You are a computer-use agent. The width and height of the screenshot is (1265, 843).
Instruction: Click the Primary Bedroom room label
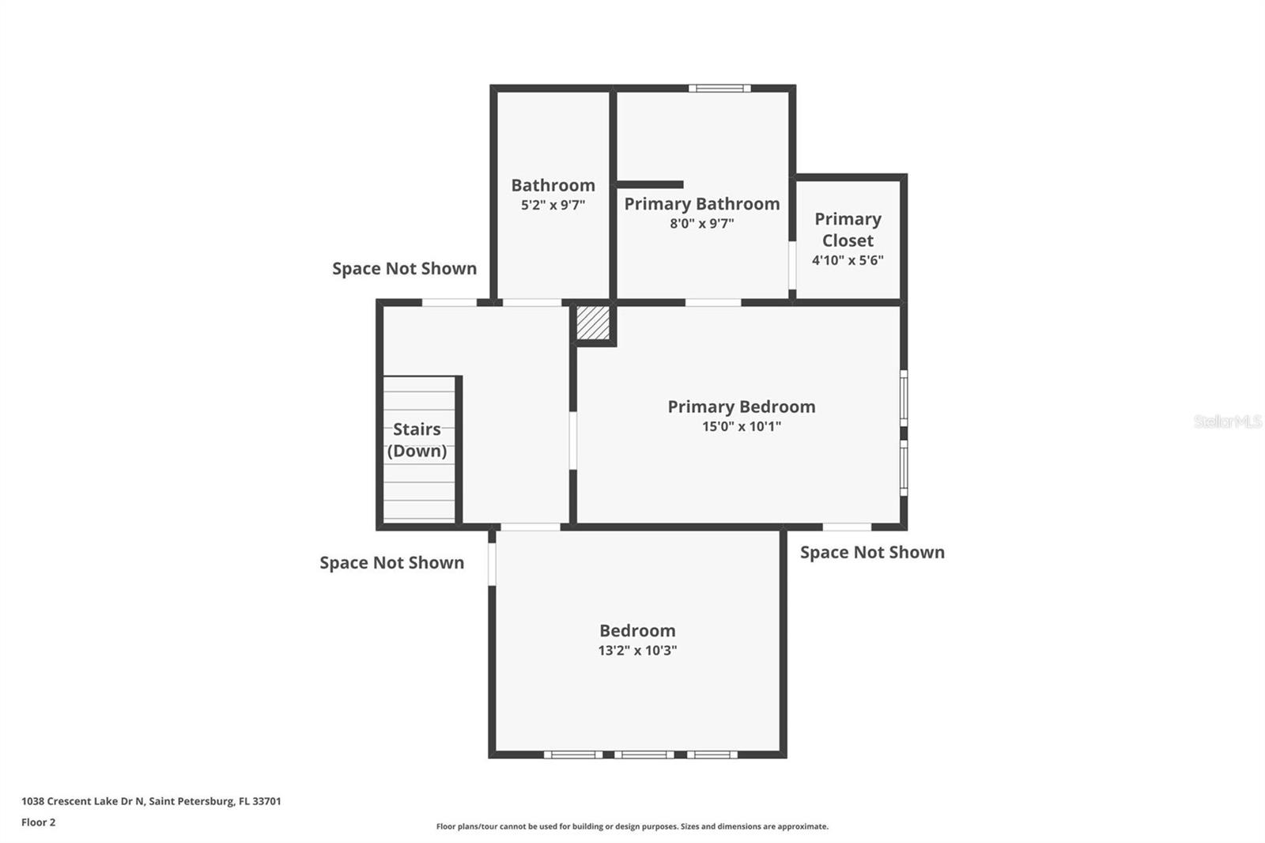pos(742,406)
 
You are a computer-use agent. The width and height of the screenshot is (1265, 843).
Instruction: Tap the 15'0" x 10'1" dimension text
pos(742,426)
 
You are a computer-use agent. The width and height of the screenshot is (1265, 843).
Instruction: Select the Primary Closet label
pos(848,229)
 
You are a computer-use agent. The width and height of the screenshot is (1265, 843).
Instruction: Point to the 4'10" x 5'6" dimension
pos(848,260)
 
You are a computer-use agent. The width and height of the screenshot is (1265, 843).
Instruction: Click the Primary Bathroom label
pos(702,203)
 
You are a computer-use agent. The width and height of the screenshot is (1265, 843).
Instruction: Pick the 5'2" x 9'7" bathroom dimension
pos(553,205)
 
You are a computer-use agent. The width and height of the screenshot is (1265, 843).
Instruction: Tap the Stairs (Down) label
pos(417,440)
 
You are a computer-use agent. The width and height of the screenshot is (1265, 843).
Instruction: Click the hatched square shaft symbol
pos(593,323)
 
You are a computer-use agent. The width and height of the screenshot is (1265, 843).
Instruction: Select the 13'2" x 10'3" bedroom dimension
pos(637,650)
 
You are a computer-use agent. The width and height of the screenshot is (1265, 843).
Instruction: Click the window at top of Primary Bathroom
pos(719,88)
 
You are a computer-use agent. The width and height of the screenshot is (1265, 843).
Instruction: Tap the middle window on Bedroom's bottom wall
pos(644,754)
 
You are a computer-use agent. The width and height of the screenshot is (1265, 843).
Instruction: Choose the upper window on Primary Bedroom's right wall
pos(904,398)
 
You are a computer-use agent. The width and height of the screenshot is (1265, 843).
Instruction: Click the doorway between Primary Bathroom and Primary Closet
pos(792,266)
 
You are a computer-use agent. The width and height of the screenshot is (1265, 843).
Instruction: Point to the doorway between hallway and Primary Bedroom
pos(572,440)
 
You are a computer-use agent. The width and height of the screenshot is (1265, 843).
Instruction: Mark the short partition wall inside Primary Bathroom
pos(650,185)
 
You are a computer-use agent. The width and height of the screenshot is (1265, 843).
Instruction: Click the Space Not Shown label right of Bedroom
pos(873,552)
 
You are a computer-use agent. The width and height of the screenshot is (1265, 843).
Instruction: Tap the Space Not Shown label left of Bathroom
pos(404,268)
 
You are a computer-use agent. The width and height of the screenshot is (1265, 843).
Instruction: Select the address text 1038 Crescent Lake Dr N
pos(83,800)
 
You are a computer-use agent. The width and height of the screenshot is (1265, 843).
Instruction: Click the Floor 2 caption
pos(39,822)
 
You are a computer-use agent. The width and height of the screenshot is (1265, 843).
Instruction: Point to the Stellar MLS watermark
pos(1228,421)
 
